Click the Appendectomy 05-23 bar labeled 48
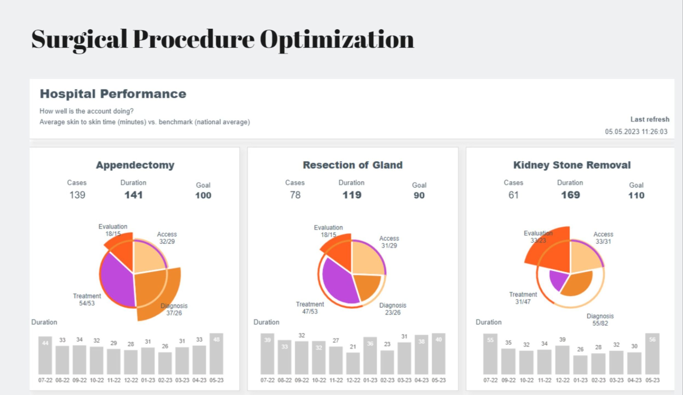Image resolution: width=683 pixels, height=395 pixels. click(x=216, y=354)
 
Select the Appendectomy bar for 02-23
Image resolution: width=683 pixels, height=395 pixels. click(x=165, y=363)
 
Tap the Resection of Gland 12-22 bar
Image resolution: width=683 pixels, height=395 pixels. click(x=353, y=363)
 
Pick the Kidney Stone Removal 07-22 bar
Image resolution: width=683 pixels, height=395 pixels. click(x=490, y=354)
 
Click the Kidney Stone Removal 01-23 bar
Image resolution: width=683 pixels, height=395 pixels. click(x=580, y=365)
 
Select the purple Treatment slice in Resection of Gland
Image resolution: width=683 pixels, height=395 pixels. click(x=339, y=283)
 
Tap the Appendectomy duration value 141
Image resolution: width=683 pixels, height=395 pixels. click(x=134, y=195)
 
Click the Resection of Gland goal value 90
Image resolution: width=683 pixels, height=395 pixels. click(x=419, y=195)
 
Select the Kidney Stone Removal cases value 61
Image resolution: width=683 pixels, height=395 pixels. click(x=513, y=195)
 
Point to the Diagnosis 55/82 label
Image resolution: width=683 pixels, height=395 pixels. click(x=600, y=320)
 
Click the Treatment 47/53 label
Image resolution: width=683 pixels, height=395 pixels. click(x=310, y=308)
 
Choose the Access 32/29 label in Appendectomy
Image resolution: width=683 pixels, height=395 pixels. click(x=167, y=238)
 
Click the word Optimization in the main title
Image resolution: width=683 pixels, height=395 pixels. click(x=337, y=40)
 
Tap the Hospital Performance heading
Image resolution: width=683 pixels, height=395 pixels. click(x=113, y=94)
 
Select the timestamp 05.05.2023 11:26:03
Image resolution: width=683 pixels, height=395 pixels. click(x=636, y=132)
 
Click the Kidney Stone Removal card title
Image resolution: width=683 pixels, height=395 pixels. click(x=572, y=165)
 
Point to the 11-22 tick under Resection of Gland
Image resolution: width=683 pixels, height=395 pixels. click(x=336, y=380)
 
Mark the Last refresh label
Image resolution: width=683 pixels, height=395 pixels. click(x=650, y=119)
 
